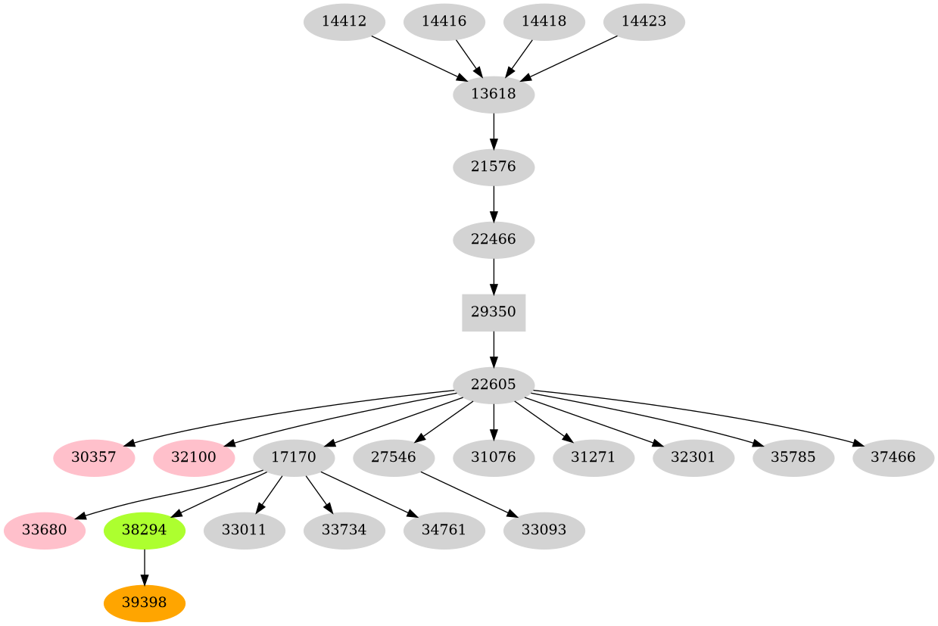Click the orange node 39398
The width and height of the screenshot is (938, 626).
144,603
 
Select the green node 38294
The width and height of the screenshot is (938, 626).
144,530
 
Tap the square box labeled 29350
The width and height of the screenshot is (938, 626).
494,312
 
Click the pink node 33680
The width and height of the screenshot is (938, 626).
44,530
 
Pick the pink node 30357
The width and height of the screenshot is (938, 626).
94,457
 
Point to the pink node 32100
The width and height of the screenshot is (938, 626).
194,457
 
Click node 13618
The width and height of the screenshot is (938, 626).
494,95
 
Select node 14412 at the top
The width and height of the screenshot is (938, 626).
344,22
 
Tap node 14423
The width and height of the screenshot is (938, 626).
644,22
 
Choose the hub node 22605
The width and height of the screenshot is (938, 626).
494,385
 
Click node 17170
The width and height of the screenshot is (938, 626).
294,457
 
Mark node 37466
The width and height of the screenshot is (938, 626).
893,457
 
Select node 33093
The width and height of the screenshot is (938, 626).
544,530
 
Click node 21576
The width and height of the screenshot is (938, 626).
494,167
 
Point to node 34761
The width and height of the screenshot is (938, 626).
444,530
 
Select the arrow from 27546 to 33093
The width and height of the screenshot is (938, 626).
469,494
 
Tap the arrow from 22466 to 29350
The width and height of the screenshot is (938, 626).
494,276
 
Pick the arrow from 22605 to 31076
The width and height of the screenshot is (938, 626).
494,421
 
